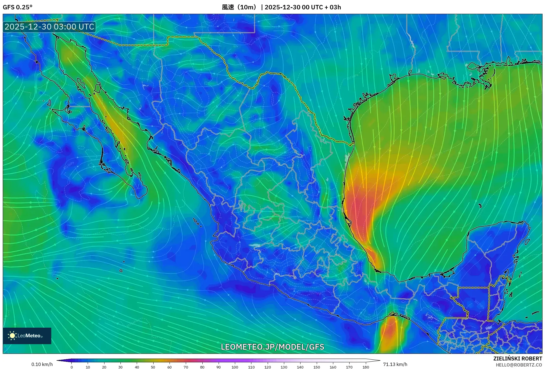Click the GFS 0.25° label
(x=17, y=7)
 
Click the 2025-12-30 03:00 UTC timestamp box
(x=49, y=27)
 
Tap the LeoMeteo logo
(x=27, y=336)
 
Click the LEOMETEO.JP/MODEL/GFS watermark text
(x=272, y=347)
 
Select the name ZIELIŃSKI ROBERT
(x=517, y=359)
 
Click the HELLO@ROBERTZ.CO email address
(x=519, y=365)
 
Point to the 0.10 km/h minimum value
(x=42, y=364)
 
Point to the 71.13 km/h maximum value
(x=395, y=364)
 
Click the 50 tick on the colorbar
(x=153, y=367)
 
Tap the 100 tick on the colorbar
(x=235, y=367)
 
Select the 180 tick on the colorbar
(x=366, y=367)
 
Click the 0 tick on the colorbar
(x=72, y=367)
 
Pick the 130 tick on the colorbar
(x=284, y=367)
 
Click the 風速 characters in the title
(x=228, y=7)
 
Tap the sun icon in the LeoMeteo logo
(x=12, y=336)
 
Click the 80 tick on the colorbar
(x=202, y=367)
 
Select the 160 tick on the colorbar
(x=333, y=367)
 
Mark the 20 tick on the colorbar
(x=104, y=367)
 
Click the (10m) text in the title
(x=247, y=7)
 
